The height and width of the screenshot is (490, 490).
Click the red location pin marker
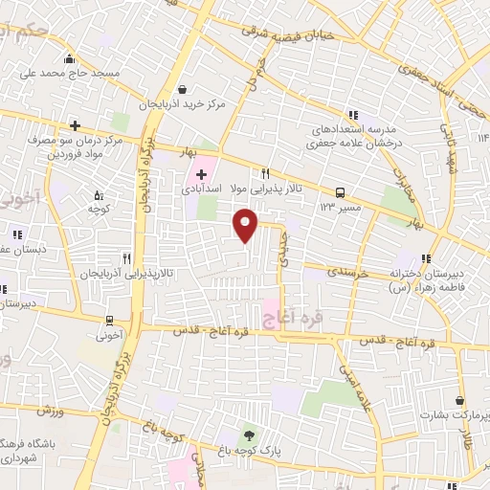coord(246,225)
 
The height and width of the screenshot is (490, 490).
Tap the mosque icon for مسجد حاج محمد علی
coord(69,58)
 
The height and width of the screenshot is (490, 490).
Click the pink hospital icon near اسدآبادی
coord(201,173)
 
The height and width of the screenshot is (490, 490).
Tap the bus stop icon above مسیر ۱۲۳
coord(340,191)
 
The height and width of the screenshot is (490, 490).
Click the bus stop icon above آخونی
coord(111,320)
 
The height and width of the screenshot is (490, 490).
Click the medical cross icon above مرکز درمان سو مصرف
coord(75,125)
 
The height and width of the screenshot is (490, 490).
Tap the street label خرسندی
coord(348,273)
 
